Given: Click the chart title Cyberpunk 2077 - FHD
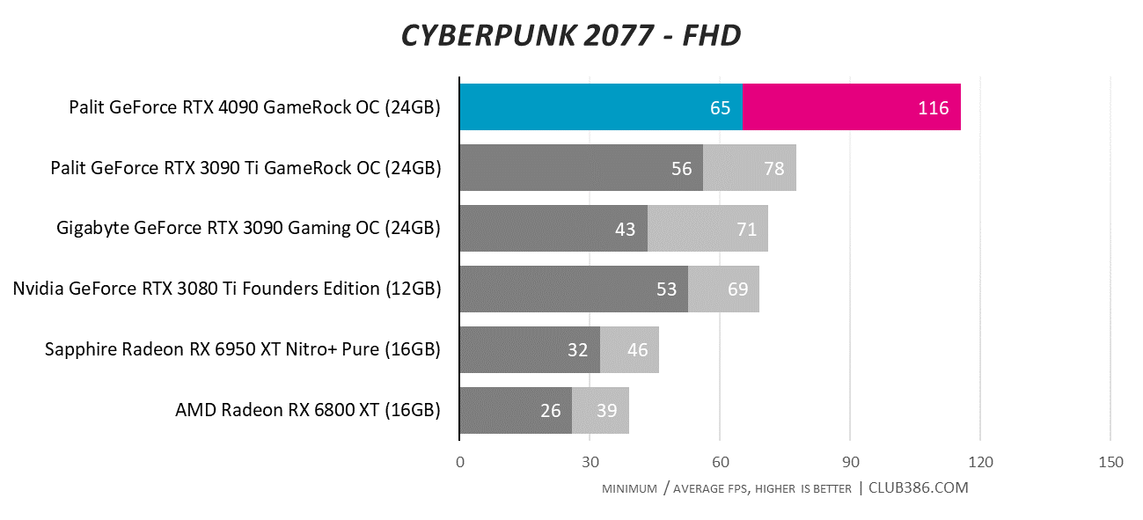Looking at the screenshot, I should click(x=571, y=34).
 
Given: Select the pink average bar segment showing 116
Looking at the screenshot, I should click(x=851, y=107).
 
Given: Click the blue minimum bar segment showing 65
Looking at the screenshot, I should click(x=601, y=107).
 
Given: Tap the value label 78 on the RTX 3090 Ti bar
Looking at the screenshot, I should click(x=774, y=168).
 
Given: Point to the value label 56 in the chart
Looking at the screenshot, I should click(x=682, y=168).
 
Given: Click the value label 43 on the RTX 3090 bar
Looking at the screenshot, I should click(x=625, y=229).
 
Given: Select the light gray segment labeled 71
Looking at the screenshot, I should click(x=707, y=229).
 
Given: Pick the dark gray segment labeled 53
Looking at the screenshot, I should click(x=573, y=289).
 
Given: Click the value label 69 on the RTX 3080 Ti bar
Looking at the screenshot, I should click(x=737, y=289).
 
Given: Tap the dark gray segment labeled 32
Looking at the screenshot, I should click(x=530, y=350).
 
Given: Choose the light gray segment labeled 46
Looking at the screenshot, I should click(x=629, y=350).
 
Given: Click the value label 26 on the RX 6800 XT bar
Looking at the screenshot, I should click(x=551, y=410).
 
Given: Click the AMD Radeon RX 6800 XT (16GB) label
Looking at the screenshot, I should click(x=307, y=410).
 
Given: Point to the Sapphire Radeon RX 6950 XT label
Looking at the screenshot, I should click(x=242, y=350).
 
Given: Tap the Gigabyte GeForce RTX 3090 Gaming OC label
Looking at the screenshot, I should click(x=248, y=229).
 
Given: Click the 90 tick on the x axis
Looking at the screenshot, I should click(x=850, y=463).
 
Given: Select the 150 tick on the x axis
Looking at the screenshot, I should click(x=1110, y=463).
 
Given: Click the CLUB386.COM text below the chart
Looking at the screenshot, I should click(x=919, y=487).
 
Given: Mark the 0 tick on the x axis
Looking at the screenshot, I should click(x=459, y=463).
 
